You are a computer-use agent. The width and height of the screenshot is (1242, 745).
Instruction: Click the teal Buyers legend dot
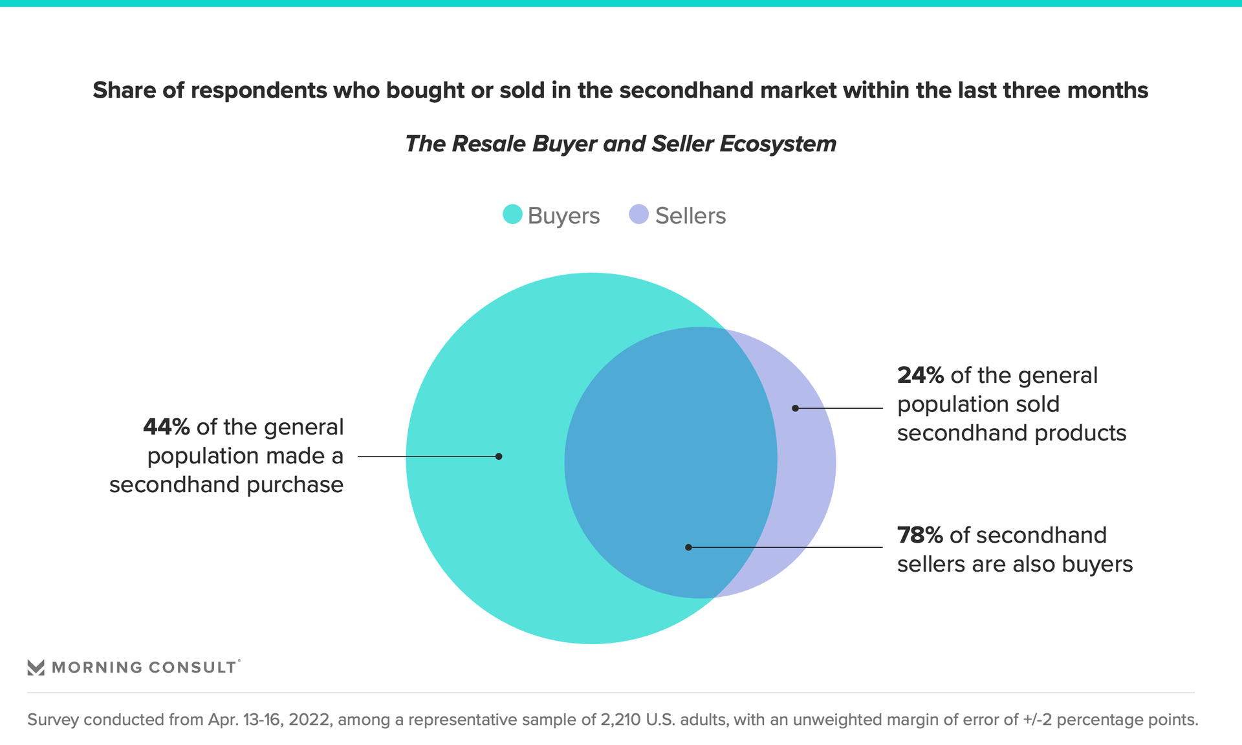[512, 215]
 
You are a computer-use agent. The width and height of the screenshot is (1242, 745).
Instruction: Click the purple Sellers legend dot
[638, 215]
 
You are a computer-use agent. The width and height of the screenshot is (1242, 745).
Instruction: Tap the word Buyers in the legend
[563, 216]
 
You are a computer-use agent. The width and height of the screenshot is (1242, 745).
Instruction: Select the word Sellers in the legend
[690, 216]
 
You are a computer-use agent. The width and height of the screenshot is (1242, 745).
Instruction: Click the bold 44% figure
[166, 427]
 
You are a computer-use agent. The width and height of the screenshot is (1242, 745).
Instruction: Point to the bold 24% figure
[920, 376]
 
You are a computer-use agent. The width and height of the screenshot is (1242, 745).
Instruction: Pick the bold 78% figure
[920, 535]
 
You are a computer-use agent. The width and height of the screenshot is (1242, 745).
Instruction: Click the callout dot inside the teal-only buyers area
[499, 457]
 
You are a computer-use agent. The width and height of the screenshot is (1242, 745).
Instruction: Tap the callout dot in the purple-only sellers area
[795, 408]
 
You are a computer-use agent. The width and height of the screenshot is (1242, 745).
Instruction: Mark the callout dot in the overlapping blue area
[688, 547]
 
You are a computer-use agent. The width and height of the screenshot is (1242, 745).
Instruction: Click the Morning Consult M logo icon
[36, 667]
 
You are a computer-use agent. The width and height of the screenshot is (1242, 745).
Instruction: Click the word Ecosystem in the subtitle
[778, 144]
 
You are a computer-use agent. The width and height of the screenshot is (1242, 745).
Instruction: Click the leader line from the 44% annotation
[427, 457]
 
